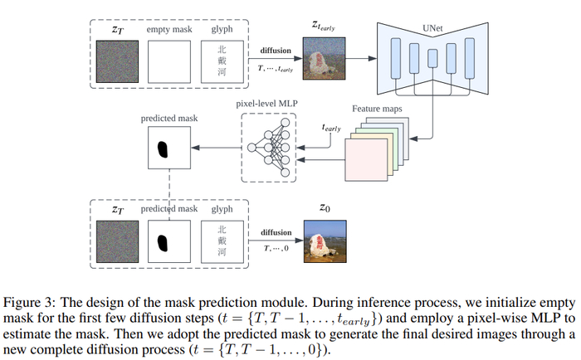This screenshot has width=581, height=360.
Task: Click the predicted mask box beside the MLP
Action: tap(168, 150)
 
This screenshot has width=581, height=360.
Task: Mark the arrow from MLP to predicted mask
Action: tap(217, 149)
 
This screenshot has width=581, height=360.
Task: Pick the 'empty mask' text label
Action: tap(168, 31)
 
